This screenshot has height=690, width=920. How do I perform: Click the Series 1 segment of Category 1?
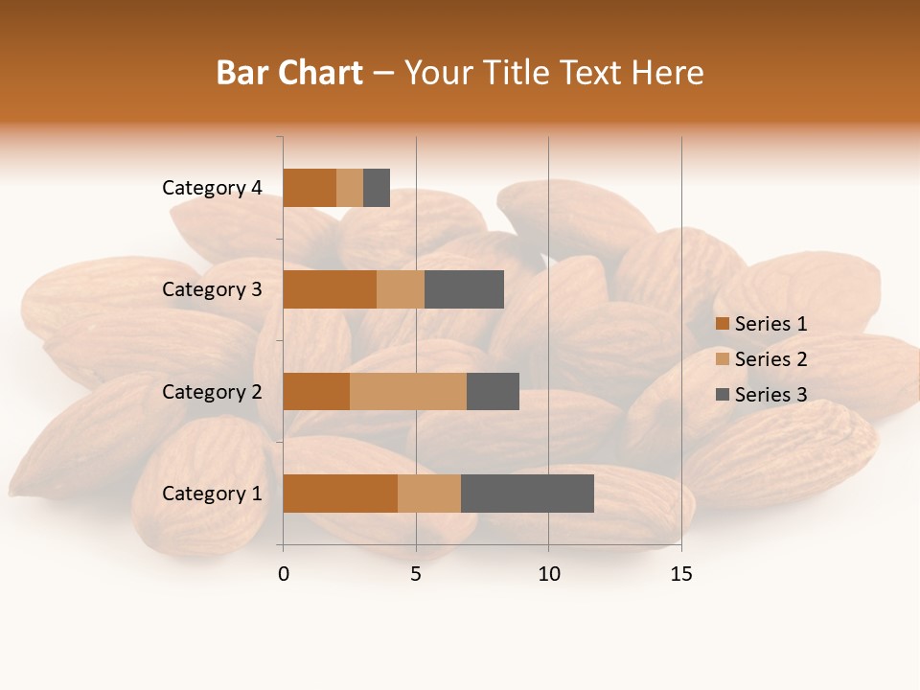pyautogui.click(x=340, y=494)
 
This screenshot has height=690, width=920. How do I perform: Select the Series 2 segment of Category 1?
pyautogui.click(x=429, y=494)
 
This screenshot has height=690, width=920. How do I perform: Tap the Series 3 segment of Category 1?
pyautogui.click(x=527, y=494)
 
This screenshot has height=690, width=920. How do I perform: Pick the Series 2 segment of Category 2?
pyautogui.click(x=408, y=391)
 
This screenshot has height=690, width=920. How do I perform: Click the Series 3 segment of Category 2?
pyautogui.click(x=493, y=391)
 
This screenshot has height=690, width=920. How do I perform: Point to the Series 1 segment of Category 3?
pyautogui.click(x=330, y=289)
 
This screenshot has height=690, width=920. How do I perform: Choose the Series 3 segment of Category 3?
pyautogui.click(x=464, y=289)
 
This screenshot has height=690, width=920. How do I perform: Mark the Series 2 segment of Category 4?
pyautogui.click(x=350, y=188)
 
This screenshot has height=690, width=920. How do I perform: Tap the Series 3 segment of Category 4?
pyautogui.click(x=377, y=188)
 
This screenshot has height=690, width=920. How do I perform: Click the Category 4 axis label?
pyautogui.click(x=212, y=188)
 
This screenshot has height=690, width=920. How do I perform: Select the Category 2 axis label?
pyautogui.click(x=212, y=391)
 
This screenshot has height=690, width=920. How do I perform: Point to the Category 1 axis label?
pyautogui.click(x=212, y=494)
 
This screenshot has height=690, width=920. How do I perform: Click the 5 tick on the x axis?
pyautogui.click(x=416, y=574)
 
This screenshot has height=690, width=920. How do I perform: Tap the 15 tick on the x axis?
pyautogui.click(x=680, y=574)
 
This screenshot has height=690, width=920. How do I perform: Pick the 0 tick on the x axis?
pyautogui.click(x=284, y=574)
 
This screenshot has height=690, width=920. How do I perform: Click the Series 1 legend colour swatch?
pyautogui.click(x=722, y=324)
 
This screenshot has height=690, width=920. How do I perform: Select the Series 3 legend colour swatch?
pyautogui.click(x=722, y=395)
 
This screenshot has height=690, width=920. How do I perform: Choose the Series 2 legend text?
pyautogui.click(x=770, y=359)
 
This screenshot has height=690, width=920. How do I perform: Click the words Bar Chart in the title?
pyautogui.click(x=289, y=73)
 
